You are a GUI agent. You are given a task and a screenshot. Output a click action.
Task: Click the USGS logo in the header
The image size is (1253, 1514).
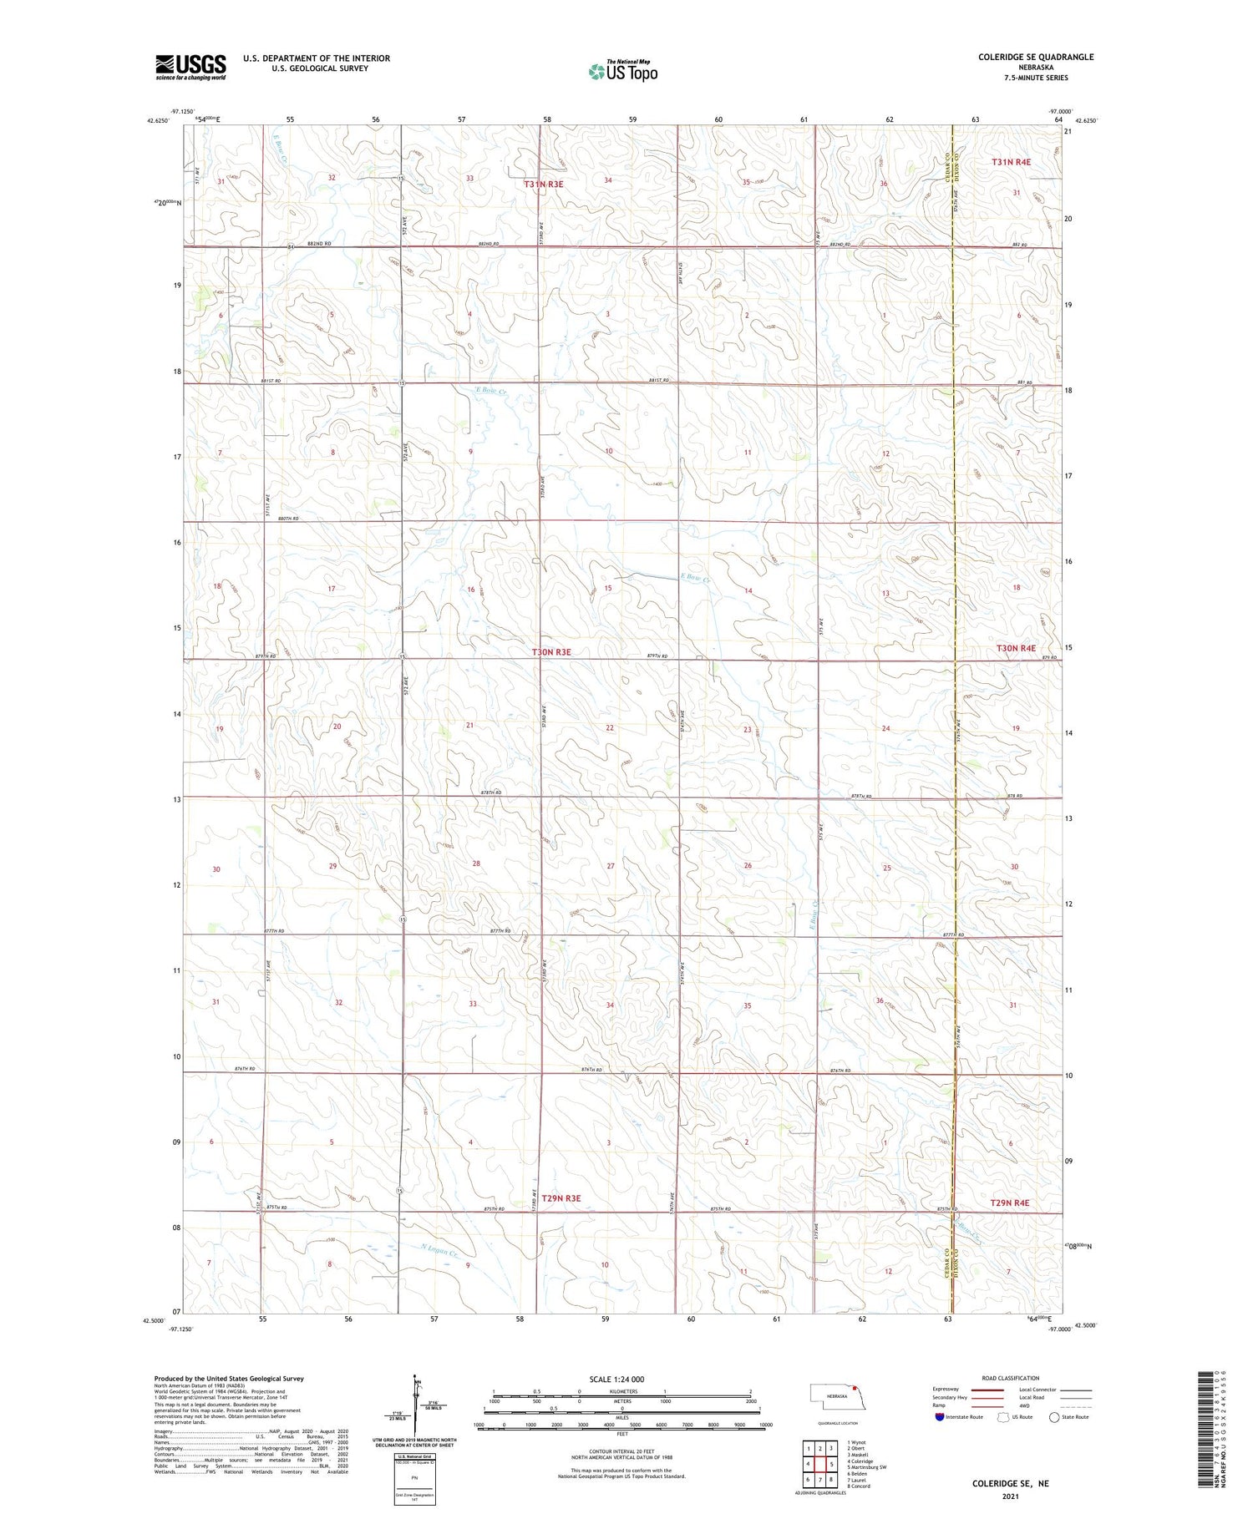pos(190,67)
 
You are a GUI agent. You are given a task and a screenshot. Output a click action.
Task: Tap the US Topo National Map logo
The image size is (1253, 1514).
pos(622,72)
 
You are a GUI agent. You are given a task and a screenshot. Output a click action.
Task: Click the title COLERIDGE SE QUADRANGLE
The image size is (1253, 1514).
pos(1036,57)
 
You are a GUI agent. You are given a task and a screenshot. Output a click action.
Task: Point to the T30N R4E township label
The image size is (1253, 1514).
pos(1015,648)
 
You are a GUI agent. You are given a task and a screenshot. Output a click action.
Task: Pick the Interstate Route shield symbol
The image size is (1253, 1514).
pos(940,1417)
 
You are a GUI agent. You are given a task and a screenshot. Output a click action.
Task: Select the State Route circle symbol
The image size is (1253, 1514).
pos(1054,1417)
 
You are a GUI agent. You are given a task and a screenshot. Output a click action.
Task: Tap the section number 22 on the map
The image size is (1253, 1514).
pos(610,728)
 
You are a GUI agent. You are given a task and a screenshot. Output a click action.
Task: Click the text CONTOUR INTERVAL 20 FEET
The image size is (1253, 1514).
pos(621,1452)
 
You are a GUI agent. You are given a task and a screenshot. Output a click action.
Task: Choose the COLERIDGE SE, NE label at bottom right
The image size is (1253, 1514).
pos(1010,1484)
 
